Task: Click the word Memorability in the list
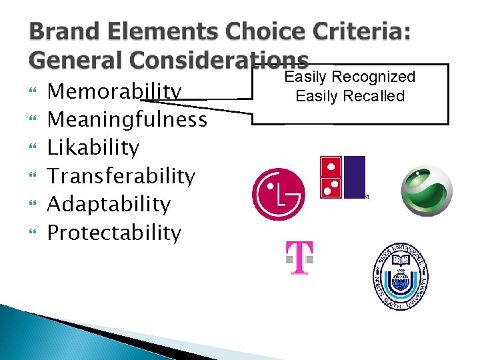click(115, 91)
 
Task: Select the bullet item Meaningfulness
click(127, 120)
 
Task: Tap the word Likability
click(93, 147)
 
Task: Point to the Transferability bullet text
click(121, 176)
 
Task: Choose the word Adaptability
click(109, 205)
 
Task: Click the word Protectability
click(114, 233)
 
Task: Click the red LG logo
click(278, 194)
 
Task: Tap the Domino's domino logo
click(343, 177)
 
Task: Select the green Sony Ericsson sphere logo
click(427, 190)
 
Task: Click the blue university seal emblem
click(401, 276)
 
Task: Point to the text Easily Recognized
click(350, 77)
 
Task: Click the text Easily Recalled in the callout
click(350, 96)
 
